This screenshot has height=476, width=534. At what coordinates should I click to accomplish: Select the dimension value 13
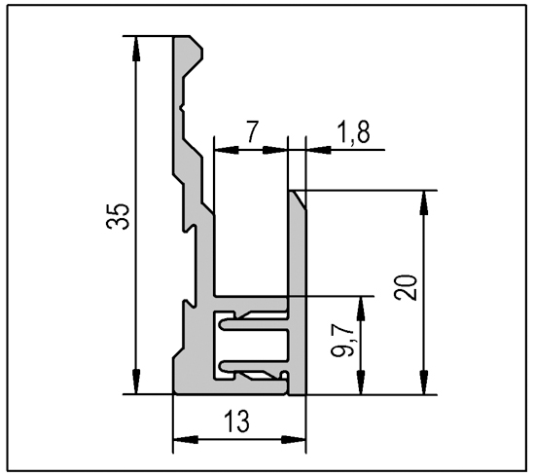point(237,421)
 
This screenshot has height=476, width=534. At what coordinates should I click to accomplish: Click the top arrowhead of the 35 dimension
point(136,49)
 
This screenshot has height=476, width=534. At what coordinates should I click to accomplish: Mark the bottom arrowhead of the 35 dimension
point(136,382)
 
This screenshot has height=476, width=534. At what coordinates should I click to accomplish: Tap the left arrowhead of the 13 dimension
point(186,440)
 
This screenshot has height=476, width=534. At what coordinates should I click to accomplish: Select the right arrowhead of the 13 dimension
point(293,440)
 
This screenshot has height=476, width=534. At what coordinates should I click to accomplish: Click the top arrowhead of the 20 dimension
point(424,203)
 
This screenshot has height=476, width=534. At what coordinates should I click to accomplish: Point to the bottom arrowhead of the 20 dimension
point(424,382)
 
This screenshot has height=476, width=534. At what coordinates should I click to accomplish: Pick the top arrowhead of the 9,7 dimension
point(361,310)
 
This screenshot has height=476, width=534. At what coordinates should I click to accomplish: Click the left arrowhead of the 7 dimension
point(227,150)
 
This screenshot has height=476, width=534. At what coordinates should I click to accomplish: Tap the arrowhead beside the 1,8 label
point(319,150)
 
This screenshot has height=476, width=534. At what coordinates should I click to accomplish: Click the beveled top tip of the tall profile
point(196,42)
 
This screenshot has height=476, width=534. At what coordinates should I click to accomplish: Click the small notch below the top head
point(182,108)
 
